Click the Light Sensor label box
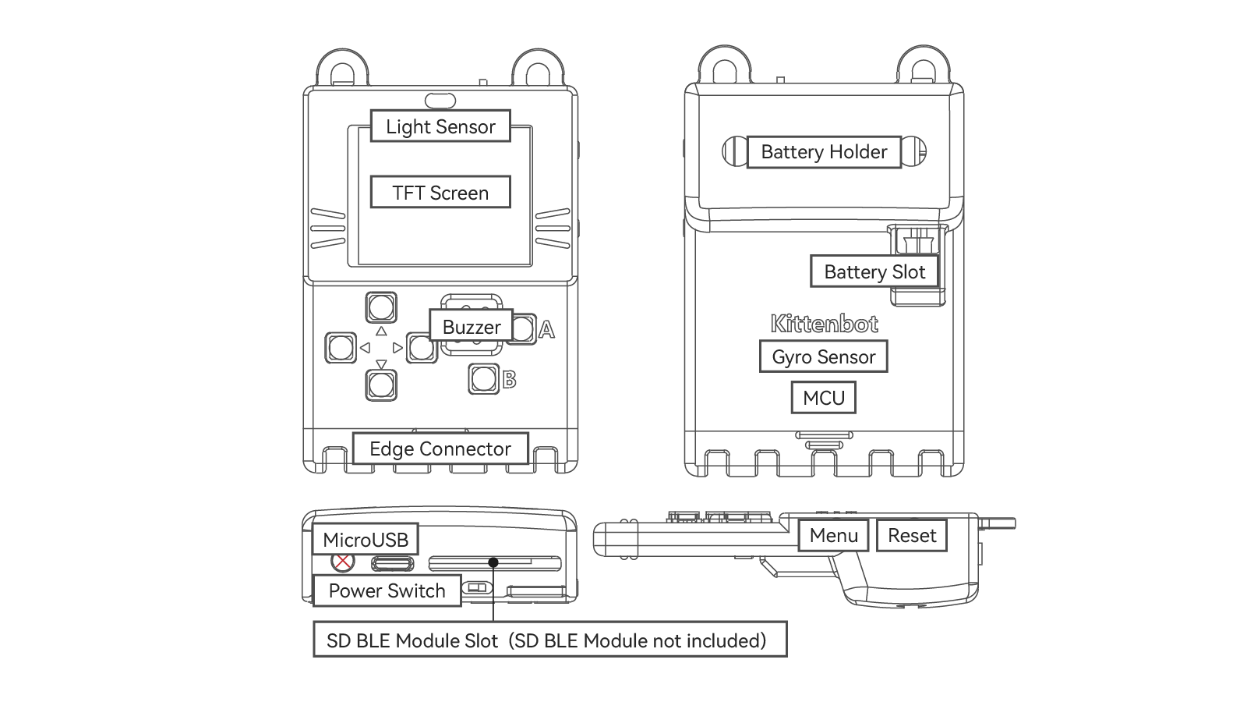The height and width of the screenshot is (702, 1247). pos(440,126)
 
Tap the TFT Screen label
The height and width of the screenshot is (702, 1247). pos(440,193)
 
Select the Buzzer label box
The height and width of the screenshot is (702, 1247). pos(472,327)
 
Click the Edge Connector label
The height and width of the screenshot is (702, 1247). pos(440,448)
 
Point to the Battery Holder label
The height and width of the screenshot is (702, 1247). pos(824,151)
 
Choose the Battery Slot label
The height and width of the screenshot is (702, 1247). pos(874,271)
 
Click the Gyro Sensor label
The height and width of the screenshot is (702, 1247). pos(824,356)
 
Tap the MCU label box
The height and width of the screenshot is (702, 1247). pos(824,398)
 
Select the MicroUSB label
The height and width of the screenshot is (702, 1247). pos(366,539)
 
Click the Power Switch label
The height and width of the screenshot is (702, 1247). pos(387,590)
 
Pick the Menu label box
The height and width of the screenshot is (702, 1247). pos(834,535)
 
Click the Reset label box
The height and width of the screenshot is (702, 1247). pos(912,535)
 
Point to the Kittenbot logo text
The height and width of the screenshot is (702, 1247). pos(824,324)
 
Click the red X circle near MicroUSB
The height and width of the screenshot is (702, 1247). pos(342,561)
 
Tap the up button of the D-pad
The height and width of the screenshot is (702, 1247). pos(381,307)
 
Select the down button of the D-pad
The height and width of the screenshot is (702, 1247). pos(381,385)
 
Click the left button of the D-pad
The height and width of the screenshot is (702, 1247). pos(341,347)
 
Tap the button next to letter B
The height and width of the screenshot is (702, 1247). pos(483,379)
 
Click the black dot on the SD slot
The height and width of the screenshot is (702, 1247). pos(493,562)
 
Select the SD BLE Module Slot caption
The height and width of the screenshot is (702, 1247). pos(549,640)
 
